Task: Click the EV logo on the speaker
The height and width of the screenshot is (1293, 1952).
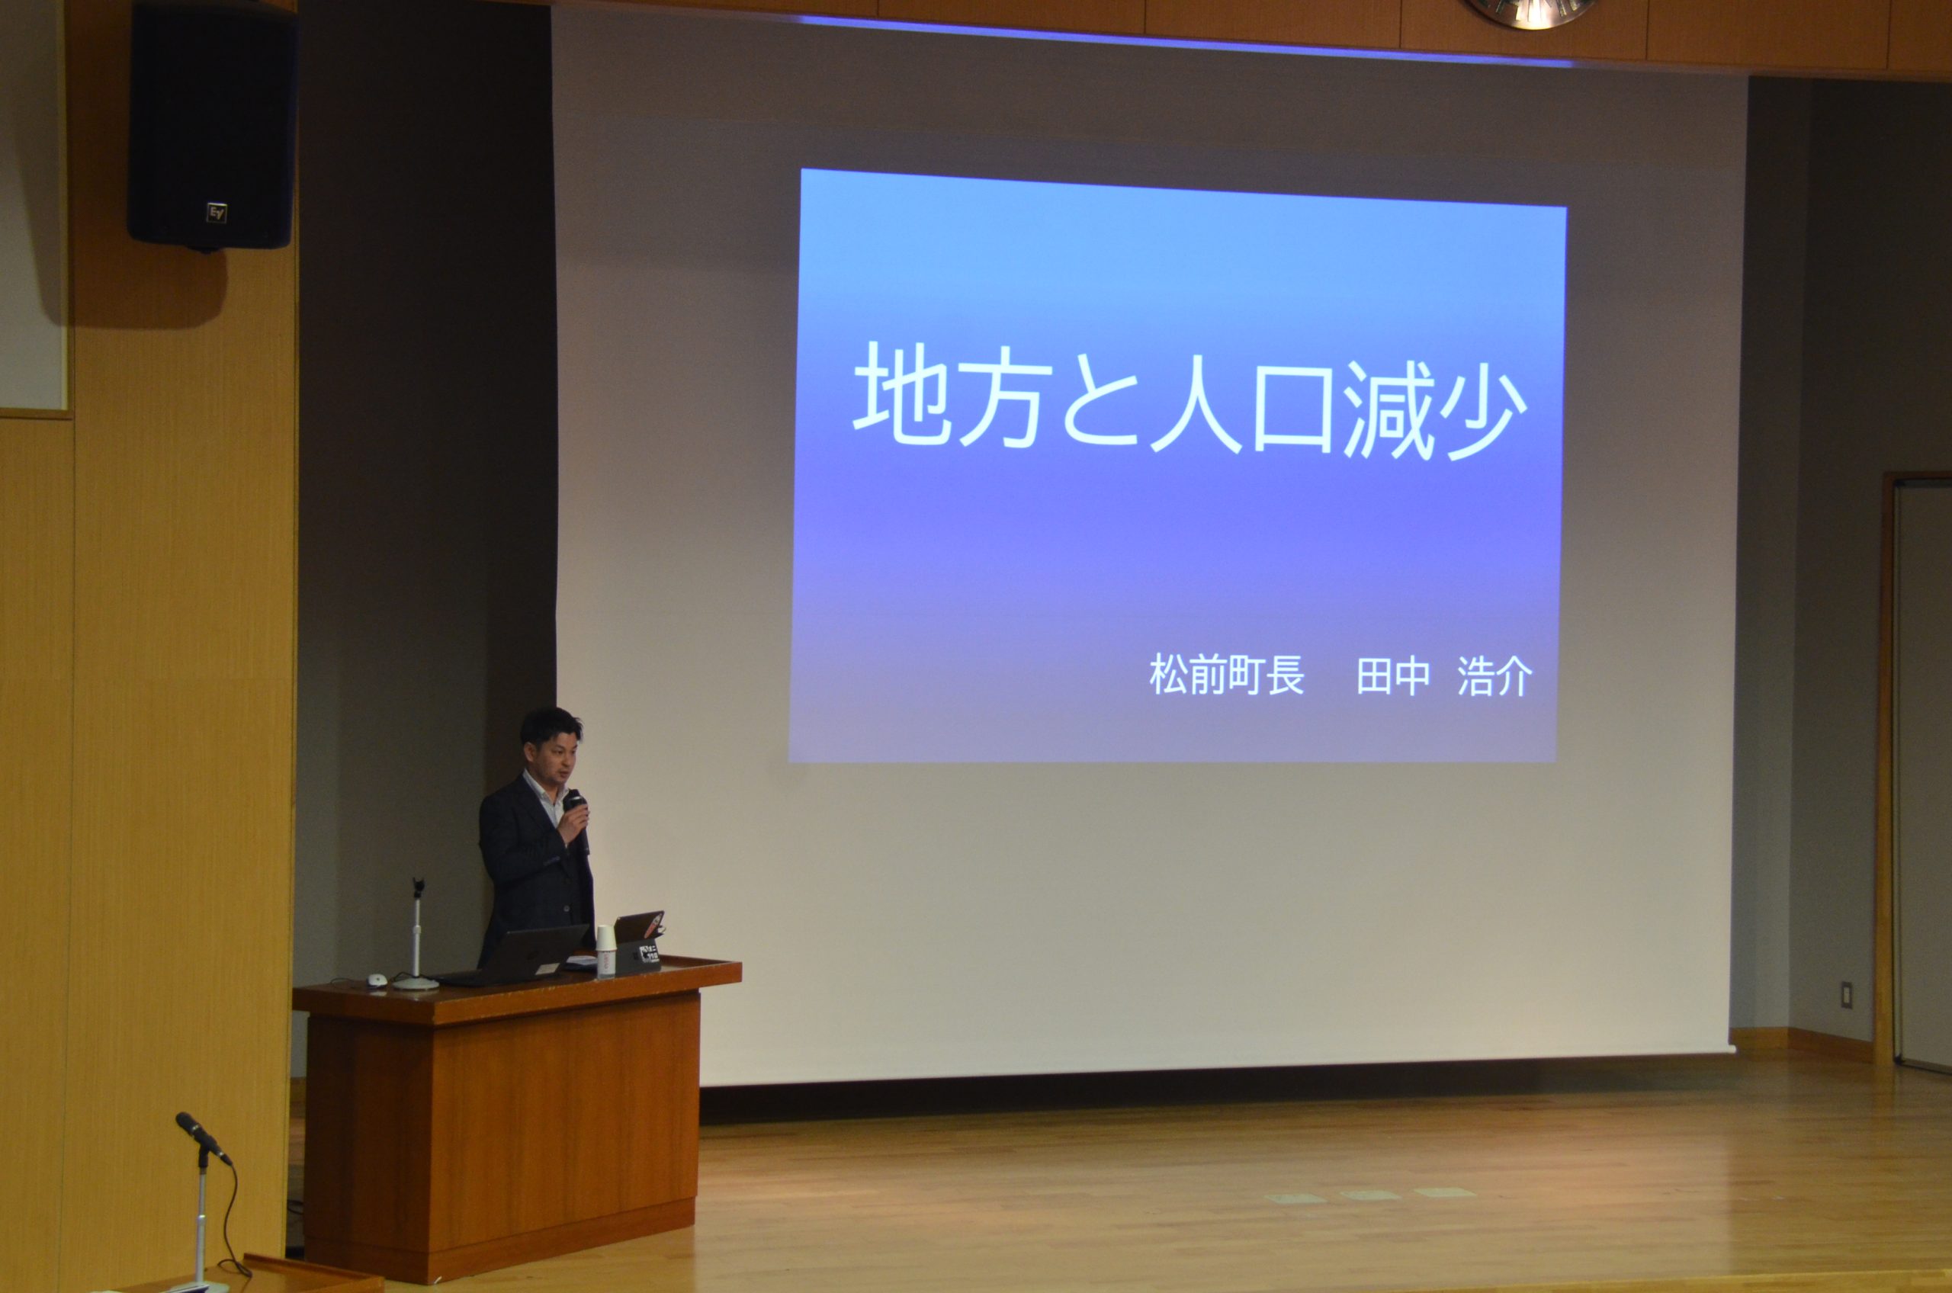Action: coord(217,213)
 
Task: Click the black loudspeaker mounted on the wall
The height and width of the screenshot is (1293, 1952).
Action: coord(212,124)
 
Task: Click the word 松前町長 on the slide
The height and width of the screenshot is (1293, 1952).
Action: coord(1228,675)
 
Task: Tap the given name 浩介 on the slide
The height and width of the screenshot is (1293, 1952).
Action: coord(1495,677)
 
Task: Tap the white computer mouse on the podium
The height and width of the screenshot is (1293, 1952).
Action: coord(376,980)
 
